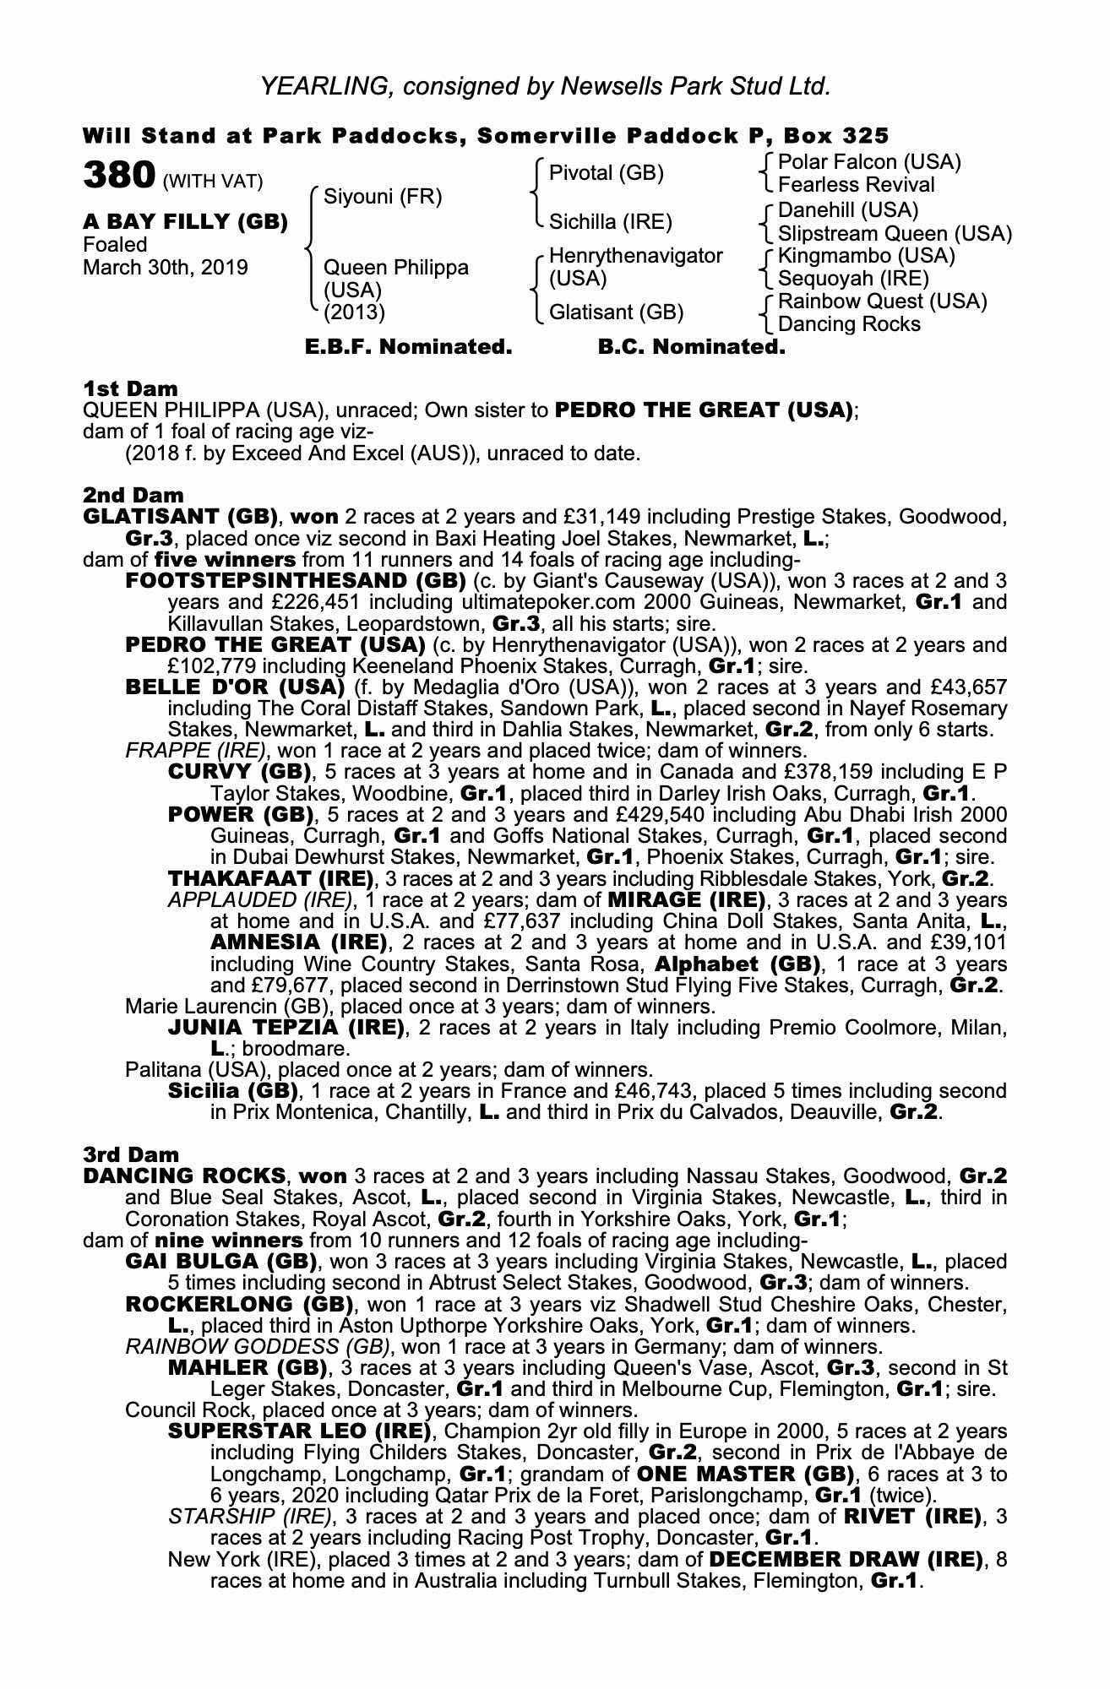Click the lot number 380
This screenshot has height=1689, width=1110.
[x=118, y=176]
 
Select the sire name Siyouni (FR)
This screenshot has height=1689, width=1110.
[x=383, y=197]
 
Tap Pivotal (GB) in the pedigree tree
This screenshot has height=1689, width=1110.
[x=606, y=173]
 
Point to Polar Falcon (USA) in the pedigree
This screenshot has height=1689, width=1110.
[x=869, y=161]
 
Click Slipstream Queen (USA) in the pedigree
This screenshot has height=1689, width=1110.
[x=895, y=233]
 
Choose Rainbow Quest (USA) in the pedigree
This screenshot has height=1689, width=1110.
[x=882, y=301]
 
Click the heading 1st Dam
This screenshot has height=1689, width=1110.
[x=130, y=388]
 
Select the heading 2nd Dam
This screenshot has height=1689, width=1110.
[x=133, y=495]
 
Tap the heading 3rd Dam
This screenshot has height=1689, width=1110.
[x=131, y=1154]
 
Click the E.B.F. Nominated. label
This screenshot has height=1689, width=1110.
[x=408, y=347]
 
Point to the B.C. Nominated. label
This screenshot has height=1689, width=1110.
[x=691, y=347]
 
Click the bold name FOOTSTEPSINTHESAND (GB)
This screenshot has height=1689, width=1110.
[x=295, y=581]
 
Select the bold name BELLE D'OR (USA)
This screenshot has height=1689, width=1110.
[x=234, y=687]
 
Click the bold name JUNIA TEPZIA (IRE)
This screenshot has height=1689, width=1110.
[x=286, y=1027]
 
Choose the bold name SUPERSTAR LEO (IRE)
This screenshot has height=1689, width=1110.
[x=300, y=1431]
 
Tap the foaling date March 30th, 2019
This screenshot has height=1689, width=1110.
[x=166, y=268]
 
